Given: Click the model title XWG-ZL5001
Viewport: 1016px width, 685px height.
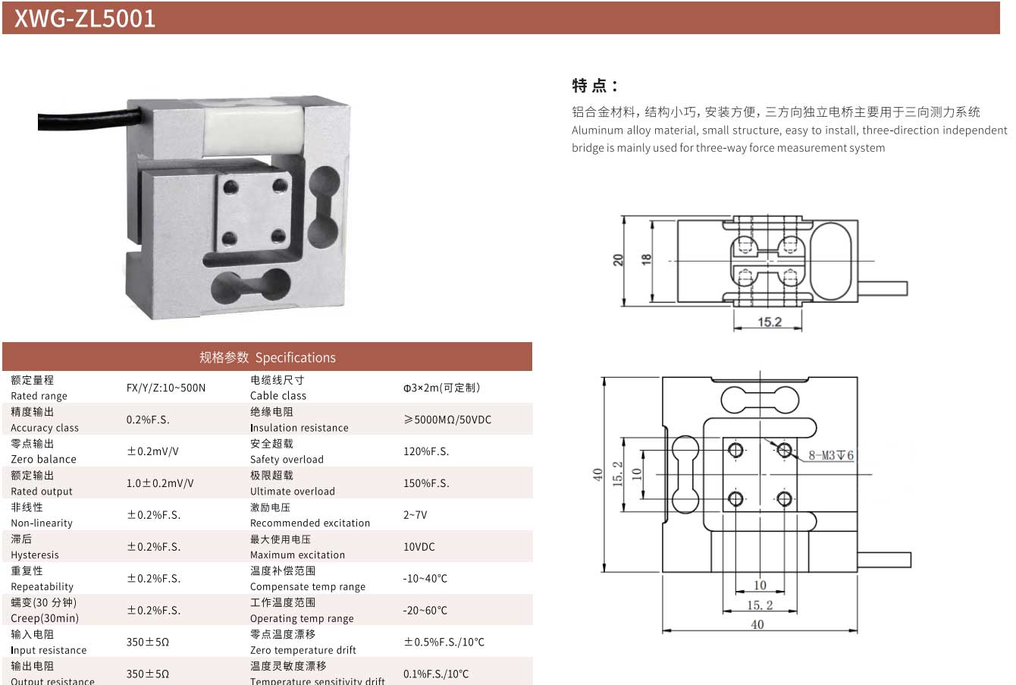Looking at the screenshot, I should pos(85,18).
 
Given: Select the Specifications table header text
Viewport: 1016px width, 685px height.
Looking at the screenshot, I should pos(267,357).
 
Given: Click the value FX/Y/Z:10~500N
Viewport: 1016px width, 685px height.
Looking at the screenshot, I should pos(165,388).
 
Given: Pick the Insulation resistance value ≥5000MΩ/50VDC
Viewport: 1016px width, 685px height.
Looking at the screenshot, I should pos(447,419).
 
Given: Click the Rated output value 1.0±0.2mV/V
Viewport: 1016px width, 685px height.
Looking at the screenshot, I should pos(160,483).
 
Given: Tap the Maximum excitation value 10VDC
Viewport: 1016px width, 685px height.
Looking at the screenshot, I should pos(419,547).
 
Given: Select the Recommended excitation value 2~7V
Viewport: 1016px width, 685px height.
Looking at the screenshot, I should pos(415,515).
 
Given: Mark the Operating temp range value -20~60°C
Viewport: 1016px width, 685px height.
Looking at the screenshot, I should pos(425,611).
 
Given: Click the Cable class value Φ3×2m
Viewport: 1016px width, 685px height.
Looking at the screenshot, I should pos(441,388).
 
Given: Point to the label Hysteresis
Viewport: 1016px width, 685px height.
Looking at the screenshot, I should pos(34,555).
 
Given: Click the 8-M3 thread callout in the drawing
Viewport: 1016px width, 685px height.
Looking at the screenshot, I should pos(831,456).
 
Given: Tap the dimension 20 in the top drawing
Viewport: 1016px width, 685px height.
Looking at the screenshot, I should pos(619,259).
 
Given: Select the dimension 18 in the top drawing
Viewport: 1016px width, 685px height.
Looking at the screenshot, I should pos(647,259).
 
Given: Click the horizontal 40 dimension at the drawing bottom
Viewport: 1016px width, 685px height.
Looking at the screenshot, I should pos(757,624).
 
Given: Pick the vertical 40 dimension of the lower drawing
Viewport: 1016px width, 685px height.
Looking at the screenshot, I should pos(598,474).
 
